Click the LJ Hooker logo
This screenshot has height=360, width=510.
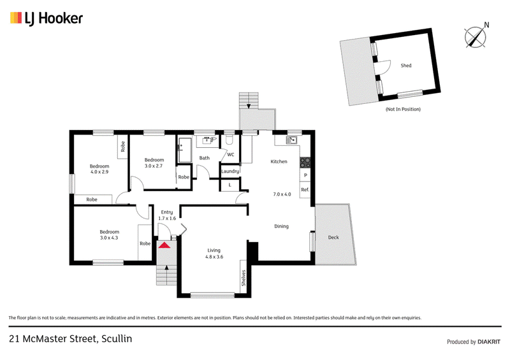tap(46, 18)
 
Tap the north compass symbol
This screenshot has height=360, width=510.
tap(475, 36)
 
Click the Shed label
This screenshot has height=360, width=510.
tap(405, 66)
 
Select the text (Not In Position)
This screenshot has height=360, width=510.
tap(403, 110)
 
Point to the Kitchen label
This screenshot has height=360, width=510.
tap(279, 162)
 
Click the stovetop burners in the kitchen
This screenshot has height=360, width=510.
tap(305, 162)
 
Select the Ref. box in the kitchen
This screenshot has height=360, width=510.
tap(305, 190)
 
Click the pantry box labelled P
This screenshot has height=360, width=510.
tap(305, 176)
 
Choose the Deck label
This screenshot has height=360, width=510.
tap(333, 237)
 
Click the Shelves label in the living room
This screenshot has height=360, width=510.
tap(244, 278)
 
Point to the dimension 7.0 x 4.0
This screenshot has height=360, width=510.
tap(282, 194)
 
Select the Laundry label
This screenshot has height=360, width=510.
tap(230, 171)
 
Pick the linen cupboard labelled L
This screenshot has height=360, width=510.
tap(230, 185)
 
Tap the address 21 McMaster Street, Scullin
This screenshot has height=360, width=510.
tap(70, 338)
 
